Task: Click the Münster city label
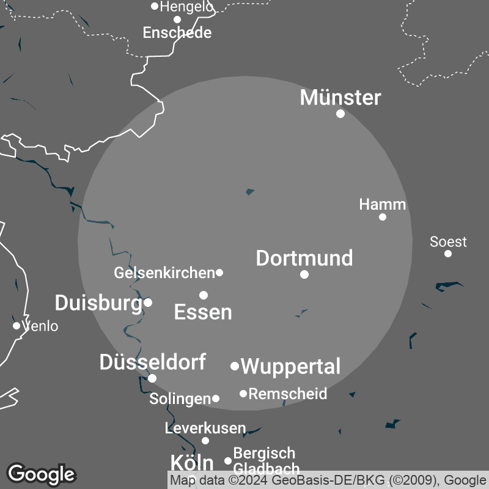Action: coord(340,97)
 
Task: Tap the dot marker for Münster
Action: coord(340,114)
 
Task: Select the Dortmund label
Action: coord(304,258)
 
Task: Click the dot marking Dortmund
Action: coord(304,274)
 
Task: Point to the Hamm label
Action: coord(383,204)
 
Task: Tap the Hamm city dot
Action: coord(383,217)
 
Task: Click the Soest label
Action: coord(448,241)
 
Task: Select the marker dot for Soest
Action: coord(448,254)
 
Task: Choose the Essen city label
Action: coord(203,312)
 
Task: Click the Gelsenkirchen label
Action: coord(164,273)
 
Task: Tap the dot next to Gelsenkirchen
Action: coord(219,273)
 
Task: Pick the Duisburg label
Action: coord(98,302)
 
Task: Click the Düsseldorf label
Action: coord(152,362)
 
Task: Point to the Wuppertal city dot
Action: coord(235,366)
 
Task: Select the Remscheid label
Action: coord(288,394)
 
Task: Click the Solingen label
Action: coord(180,399)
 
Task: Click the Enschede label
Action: coord(177,32)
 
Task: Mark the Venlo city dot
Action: coord(17,326)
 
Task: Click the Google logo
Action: coord(41,474)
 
